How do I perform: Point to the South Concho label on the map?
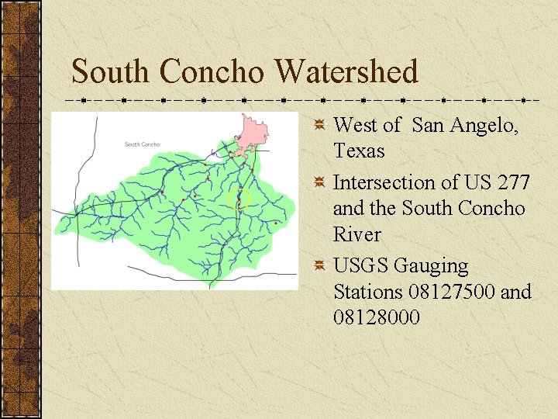tap(142, 144)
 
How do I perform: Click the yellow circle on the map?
tap(240, 199)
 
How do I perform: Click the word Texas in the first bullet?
tap(359, 151)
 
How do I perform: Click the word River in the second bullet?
tap(356, 234)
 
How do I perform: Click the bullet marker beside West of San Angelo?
tap(319, 124)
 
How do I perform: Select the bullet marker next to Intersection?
tap(319, 182)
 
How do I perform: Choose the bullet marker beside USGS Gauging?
tap(319, 266)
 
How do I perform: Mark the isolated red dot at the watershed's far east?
tap(276, 223)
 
